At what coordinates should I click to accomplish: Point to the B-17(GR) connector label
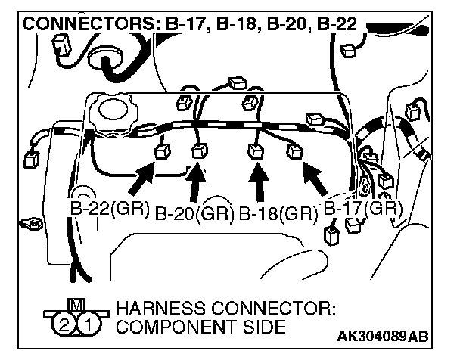click(x=361, y=207)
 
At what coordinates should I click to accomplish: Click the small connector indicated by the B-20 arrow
click(x=199, y=151)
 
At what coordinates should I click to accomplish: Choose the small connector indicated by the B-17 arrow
click(x=294, y=153)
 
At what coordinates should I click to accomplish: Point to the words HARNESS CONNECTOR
click(x=225, y=310)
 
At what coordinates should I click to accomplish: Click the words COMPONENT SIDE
click(x=200, y=327)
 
